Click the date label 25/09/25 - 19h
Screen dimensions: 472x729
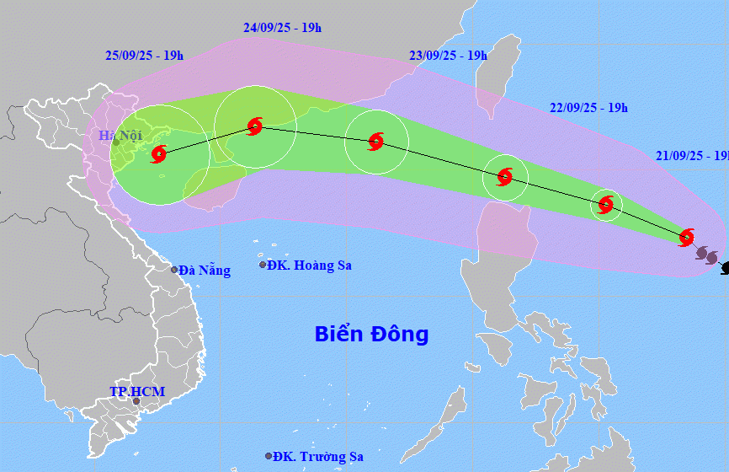tap(144, 56)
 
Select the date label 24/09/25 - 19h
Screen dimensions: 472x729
tap(282, 28)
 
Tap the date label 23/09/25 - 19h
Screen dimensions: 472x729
tap(448, 56)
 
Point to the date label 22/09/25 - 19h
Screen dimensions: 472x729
tap(588, 108)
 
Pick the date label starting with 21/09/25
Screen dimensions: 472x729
tap(692, 156)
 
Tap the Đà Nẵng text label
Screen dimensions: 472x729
tap(204, 271)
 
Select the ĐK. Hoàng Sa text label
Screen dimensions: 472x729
tap(311, 265)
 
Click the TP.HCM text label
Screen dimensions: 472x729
tap(137, 392)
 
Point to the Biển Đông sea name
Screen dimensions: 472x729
tap(371, 334)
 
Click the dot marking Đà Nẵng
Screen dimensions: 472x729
tap(174, 270)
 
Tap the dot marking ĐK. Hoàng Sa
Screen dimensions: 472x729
tap(263, 265)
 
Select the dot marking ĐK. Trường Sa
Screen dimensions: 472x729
tap(269, 456)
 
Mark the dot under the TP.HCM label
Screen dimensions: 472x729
tap(136, 401)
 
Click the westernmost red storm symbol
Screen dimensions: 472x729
tap(158, 154)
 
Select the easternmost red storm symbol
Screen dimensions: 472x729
tap(687, 237)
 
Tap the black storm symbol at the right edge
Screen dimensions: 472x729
tap(725, 268)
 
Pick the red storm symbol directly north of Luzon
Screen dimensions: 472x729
tap(504, 177)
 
